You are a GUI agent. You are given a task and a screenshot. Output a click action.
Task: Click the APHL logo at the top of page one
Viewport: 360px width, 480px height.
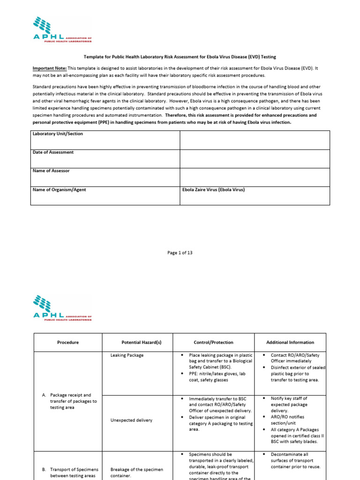62,30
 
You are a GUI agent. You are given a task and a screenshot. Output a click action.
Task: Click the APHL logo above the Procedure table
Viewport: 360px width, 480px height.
62,307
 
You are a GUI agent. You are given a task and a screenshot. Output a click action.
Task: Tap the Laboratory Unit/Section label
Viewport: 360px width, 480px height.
58,134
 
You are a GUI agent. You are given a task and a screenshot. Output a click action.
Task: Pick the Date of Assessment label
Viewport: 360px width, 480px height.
53,152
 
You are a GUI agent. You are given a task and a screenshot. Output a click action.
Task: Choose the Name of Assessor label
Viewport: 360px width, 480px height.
51,171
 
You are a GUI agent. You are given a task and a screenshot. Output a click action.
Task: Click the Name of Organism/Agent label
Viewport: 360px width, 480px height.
59,190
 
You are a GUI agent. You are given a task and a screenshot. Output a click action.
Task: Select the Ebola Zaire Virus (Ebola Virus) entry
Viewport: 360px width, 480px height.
213,190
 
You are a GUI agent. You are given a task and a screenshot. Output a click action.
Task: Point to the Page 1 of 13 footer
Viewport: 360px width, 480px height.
180,253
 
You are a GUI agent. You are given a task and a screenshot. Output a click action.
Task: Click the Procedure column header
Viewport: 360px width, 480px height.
68,342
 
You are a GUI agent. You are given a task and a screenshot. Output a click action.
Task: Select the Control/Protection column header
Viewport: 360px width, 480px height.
213,342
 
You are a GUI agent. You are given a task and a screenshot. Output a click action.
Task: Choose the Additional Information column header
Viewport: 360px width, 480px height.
290,342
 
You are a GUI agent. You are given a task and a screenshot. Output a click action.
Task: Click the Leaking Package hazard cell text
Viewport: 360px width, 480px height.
127,355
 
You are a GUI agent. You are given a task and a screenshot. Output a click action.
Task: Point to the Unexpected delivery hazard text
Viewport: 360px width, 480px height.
131,420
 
